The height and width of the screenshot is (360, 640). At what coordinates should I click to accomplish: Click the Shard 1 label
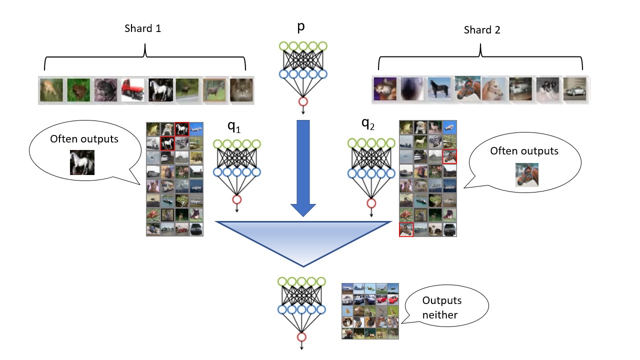pyautogui.click(x=142, y=28)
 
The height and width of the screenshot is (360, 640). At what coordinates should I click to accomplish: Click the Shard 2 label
pyautogui.click(x=482, y=30)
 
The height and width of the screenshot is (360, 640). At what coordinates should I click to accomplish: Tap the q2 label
pyautogui.click(x=368, y=125)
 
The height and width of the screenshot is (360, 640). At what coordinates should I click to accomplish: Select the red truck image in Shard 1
pyautogui.click(x=132, y=90)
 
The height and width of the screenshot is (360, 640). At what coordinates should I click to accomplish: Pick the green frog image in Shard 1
pyautogui.click(x=78, y=90)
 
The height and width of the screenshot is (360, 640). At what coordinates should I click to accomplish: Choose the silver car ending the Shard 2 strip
pyautogui.click(x=575, y=90)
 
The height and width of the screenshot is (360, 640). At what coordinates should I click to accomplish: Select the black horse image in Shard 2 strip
pyautogui.click(x=440, y=90)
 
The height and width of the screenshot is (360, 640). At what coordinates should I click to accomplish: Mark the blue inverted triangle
pyautogui.click(x=303, y=240)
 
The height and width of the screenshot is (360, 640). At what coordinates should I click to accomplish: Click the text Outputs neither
pyautogui.click(x=441, y=308)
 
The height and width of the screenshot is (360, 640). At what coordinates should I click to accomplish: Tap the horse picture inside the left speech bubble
pyautogui.click(x=82, y=162)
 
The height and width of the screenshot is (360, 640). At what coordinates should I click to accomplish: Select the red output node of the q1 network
pyautogui.click(x=237, y=199)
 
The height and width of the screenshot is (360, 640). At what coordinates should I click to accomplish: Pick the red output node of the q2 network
pyautogui.click(x=371, y=203)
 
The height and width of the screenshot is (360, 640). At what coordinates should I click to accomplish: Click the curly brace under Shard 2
pyautogui.click(x=480, y=57)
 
